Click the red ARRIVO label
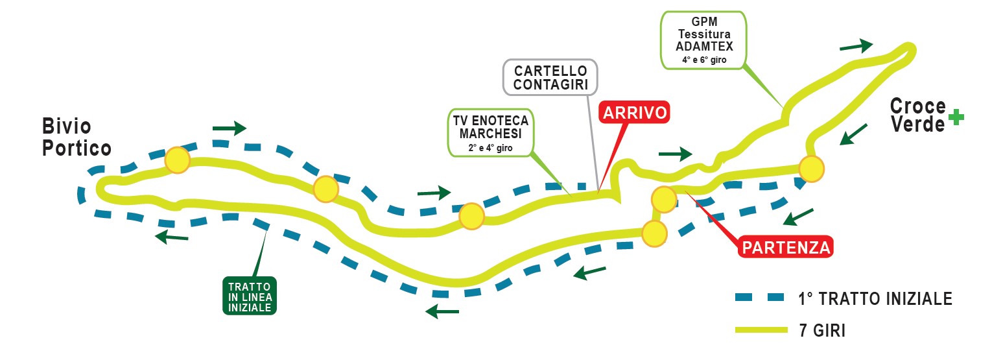635,112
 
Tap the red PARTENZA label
786,247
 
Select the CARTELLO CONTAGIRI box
550,77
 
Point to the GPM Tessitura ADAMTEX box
703,40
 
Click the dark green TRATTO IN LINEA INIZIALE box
250,296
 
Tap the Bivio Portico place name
77,137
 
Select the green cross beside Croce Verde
956,116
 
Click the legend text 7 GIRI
822,330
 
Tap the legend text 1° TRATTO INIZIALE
875,299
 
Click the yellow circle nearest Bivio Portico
177,160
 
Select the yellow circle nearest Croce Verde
811,169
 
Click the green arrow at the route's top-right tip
856,45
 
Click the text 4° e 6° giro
703,60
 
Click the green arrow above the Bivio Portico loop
230,127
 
